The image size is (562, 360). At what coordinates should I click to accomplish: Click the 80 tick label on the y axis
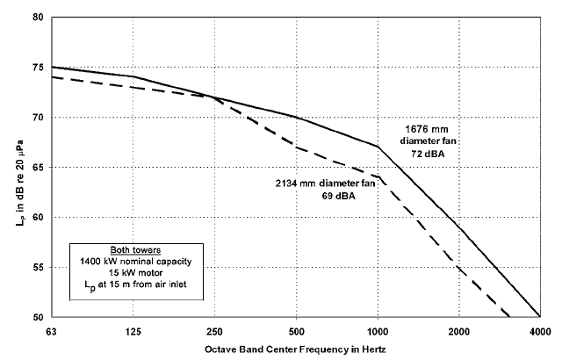pyautogui.click(x=38, y=18)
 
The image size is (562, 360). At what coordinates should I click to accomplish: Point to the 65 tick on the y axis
pyautogui.click(x=38, y=167)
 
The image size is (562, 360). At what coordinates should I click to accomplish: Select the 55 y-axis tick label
pyautogui.click(x=38, y=267)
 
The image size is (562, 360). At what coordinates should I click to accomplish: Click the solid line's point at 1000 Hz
pyautogui.click(x=377, y=147)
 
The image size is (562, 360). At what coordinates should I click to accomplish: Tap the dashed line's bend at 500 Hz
pyautogui.click(x=296, y=147)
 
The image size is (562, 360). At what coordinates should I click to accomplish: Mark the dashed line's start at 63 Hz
pyautogui.click(x=52, y=77)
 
